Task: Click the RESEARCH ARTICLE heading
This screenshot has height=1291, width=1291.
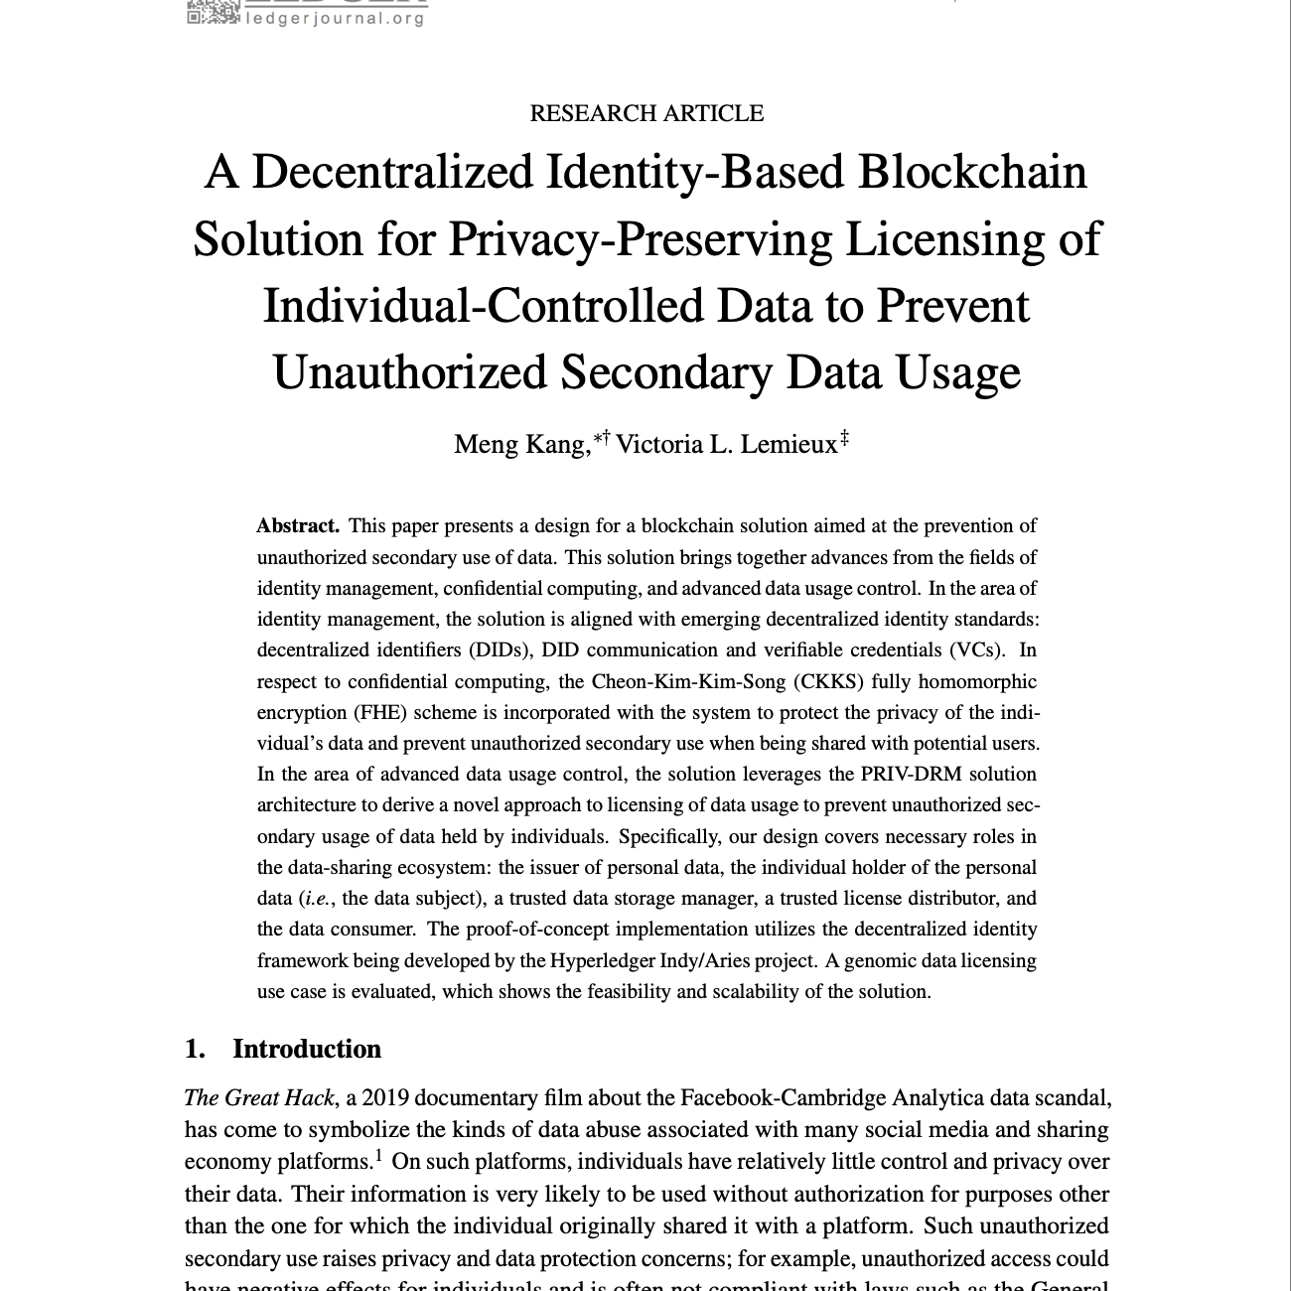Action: (646, 113)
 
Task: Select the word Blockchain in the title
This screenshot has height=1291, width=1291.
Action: (972, 171)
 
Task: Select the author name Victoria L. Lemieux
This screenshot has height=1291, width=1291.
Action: (726, 444)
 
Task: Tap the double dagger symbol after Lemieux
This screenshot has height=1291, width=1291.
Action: (844, 437)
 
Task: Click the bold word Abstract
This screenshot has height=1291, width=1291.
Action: (298, 525)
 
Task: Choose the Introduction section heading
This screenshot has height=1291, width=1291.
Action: (306, 1049)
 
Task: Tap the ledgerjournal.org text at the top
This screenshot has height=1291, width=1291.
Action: (336, 18)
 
